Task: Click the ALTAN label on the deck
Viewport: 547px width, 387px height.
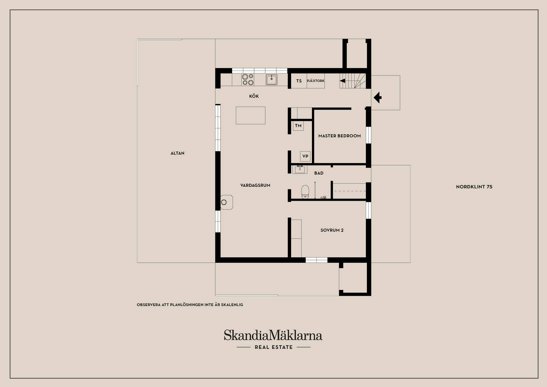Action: [x=177, y=153]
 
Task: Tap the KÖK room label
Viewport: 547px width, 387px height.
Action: [x=254, y=96]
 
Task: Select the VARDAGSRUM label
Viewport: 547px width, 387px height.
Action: [x=255, y=185]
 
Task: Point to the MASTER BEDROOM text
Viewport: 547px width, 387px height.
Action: [x=340, y=136]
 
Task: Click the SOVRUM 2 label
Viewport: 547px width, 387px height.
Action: [x=332, y=230]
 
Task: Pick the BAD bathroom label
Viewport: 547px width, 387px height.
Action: [x=319, y=173]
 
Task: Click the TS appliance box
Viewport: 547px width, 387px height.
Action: [x=299, y=81]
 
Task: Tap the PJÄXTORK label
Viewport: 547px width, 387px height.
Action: [x=316, y=81]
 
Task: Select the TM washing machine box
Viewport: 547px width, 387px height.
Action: [x=298, y=126]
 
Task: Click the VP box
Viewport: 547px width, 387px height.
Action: [x=305, y=156]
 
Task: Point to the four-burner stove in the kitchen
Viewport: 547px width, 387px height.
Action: [x=248, y=80]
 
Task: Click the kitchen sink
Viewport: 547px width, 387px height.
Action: [x=272, y=80]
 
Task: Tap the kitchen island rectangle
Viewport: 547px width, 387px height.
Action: [x=250, y=116]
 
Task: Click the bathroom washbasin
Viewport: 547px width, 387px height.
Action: [x=300, y=169]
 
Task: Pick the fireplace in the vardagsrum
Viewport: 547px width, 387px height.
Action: [x=226, y=202]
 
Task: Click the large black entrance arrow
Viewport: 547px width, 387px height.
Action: [x=377, y=98]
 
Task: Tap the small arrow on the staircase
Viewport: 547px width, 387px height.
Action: [x=342, y=81]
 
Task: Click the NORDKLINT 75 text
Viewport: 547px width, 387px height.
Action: [x=474, y=187]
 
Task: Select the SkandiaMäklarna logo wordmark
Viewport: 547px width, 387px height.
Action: [x=273, y=335]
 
